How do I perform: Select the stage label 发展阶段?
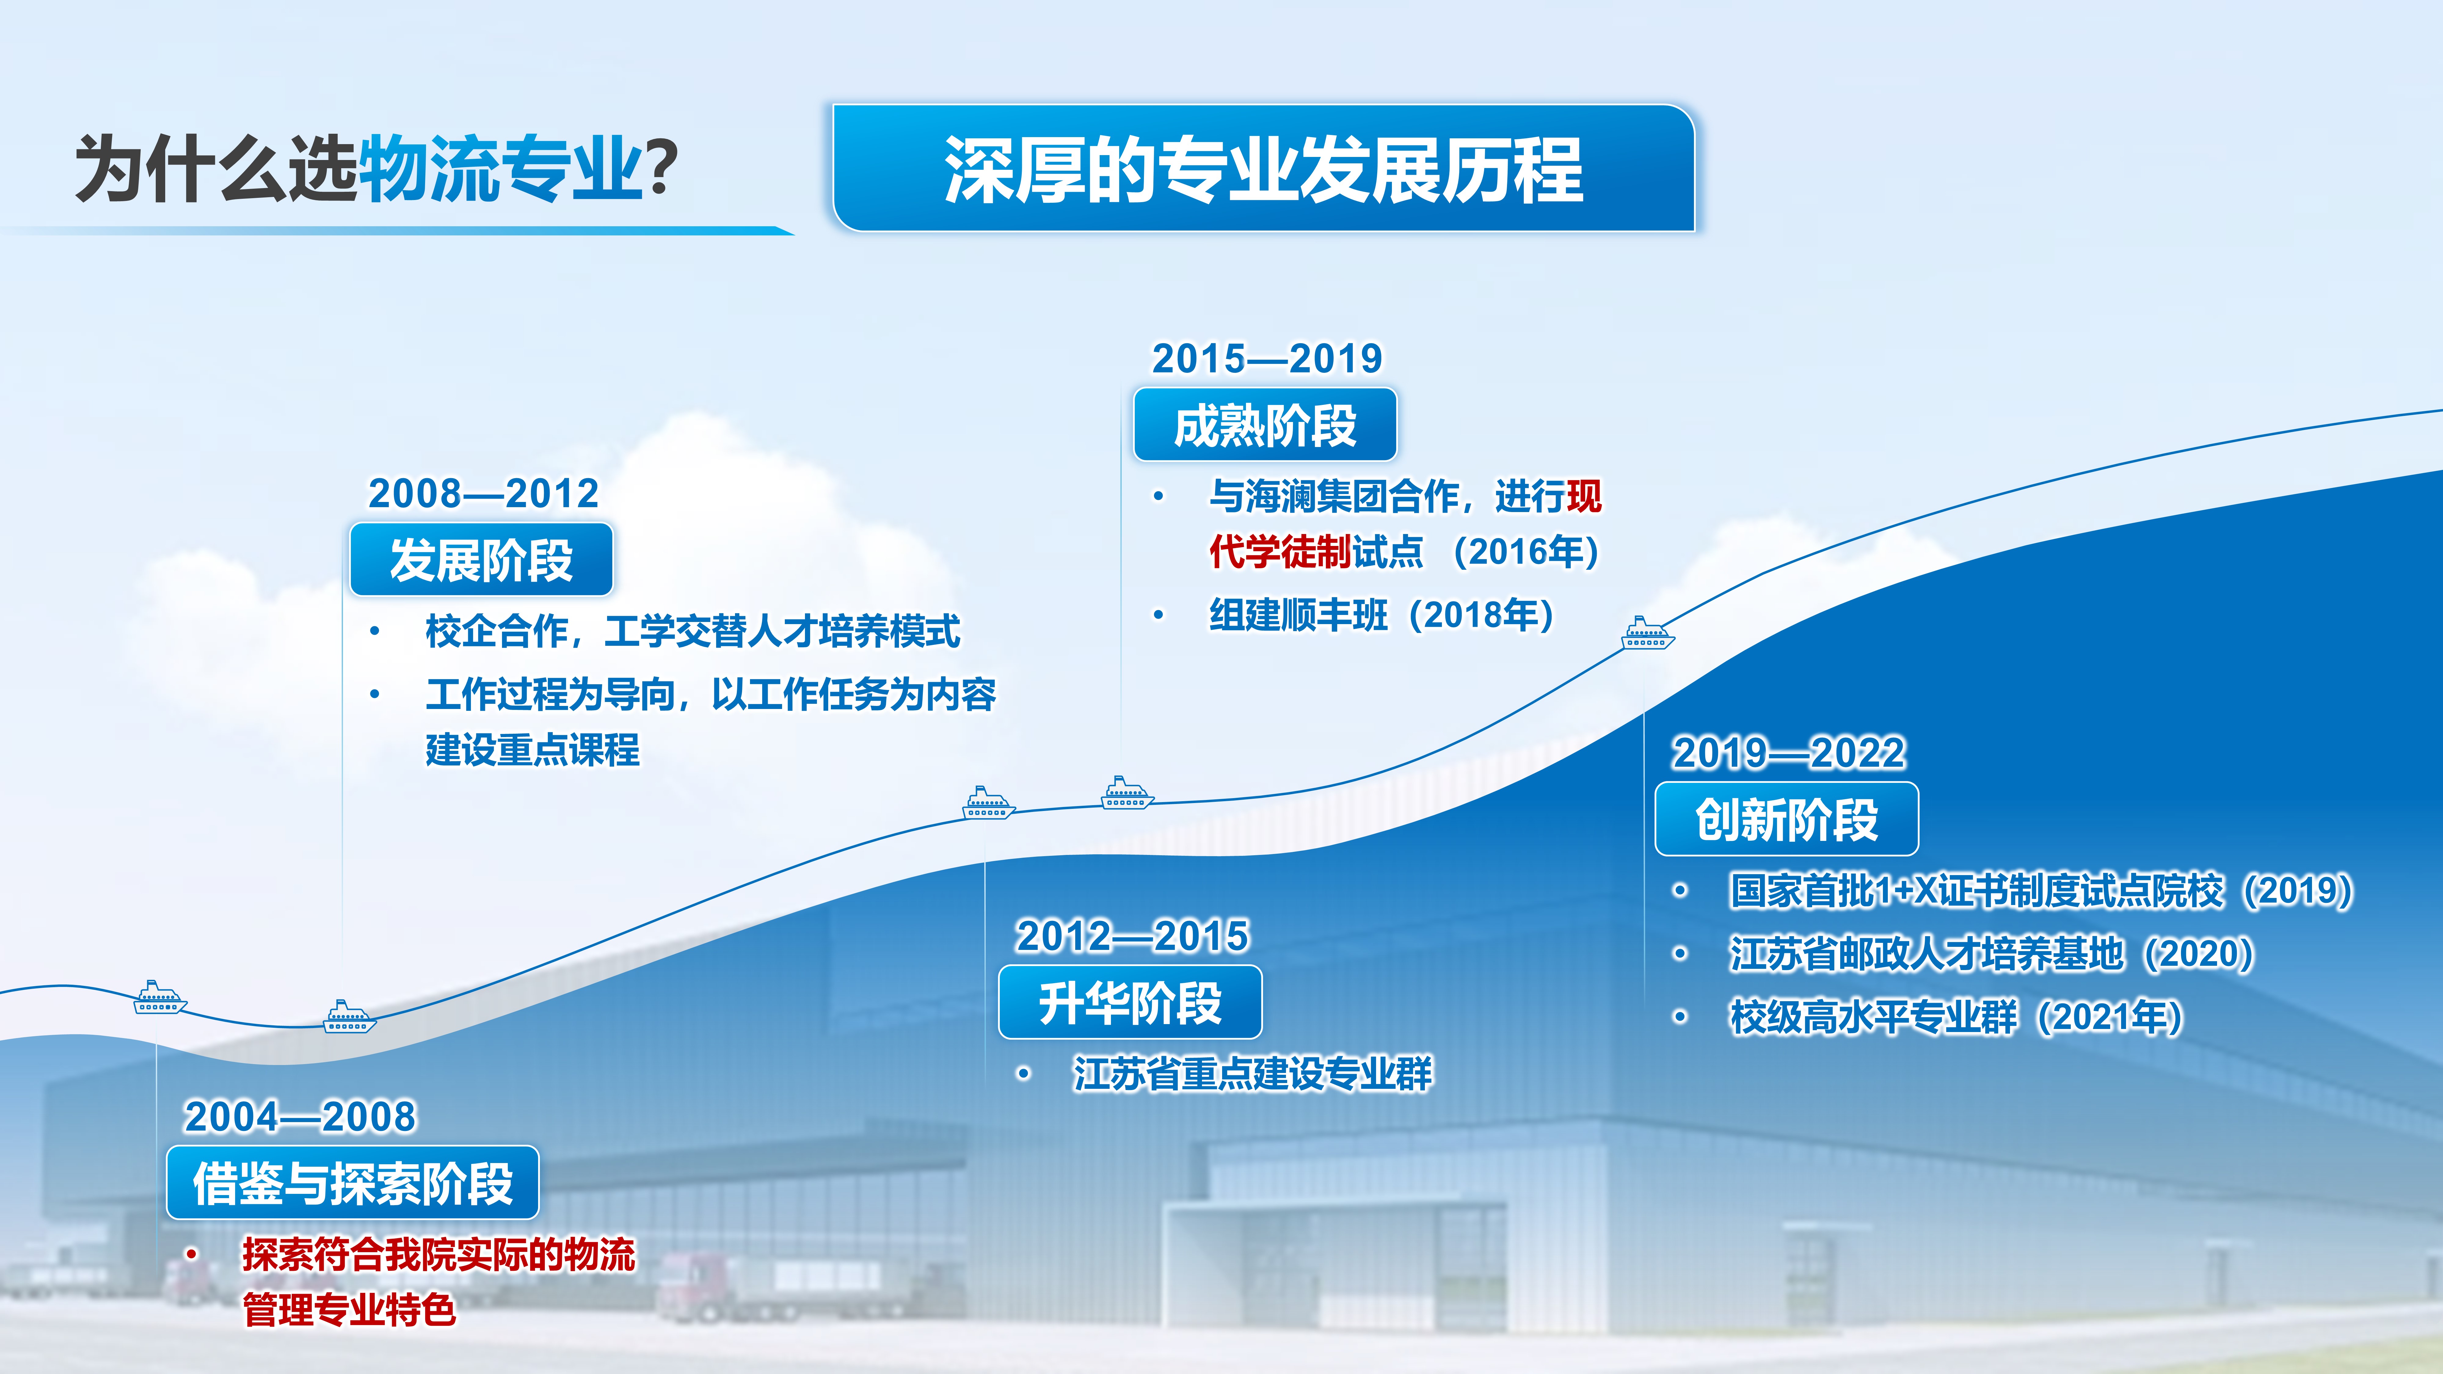[482, 559]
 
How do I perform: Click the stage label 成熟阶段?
[1265, 425]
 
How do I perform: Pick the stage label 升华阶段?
[1130, 1002]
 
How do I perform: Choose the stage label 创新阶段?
[1787, 819]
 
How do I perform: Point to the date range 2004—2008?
[300, 1116]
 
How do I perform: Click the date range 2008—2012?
[484, 493]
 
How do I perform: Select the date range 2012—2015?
[1132, 936]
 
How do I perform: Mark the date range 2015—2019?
[1267, 358]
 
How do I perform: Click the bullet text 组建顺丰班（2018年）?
[1382, 614]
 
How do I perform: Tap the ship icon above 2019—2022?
[1648, 632]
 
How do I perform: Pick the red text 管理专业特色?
[349, 1310]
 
